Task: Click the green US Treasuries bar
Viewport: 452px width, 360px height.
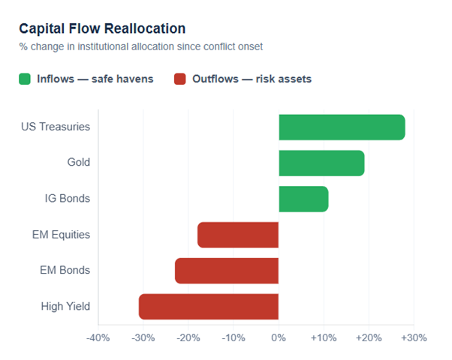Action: click(x=342, y=127)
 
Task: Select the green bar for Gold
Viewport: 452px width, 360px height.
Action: click(x=321, y=163)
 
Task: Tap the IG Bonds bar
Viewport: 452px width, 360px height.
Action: click(x=303, y=199)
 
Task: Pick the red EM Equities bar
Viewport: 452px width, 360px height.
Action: click(x=238, y=235)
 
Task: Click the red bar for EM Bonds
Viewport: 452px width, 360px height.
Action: click(x=227, y=271)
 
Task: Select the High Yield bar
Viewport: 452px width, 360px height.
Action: click(x=209, y=307)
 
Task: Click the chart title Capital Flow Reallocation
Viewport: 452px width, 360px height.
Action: click(x=102, y=28)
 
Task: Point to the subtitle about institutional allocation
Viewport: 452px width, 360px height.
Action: click(x=140, y=46)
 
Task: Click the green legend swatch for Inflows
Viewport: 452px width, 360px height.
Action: click(x=25, y=79)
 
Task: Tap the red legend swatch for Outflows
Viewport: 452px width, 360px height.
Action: click(x=179, y=79)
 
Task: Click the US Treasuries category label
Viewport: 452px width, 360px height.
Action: click(x=56, y=127)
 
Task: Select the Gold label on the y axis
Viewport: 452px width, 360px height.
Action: click(x=77, y=163)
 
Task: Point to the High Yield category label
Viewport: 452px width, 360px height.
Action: click(x=65, y=306)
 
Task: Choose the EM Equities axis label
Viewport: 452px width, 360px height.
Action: click(x=61, y=235)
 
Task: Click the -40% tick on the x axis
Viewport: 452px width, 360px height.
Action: click(x=98, y=338)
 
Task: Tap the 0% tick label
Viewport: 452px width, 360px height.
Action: click(x=279, y=338)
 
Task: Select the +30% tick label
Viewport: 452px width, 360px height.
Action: click(x=413, y=338)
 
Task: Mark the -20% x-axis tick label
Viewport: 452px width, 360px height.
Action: click(x=188, y=338)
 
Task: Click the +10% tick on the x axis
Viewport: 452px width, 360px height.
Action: click(x=323, y=338)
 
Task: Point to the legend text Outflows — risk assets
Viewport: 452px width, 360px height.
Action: click(x=252, y=79)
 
